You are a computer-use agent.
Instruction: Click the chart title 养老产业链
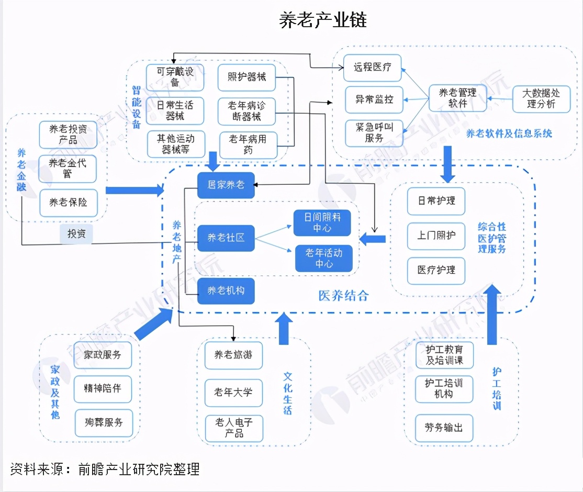coord(323,20)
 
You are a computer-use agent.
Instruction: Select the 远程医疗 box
coord(372,68)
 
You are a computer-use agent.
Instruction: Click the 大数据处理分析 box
coord(541,98)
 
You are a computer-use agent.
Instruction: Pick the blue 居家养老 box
coord(226,185)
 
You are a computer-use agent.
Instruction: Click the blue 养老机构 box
coord(226,290)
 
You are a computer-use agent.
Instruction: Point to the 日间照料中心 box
coord(323,222)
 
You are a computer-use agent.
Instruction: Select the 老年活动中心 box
coord(323,258)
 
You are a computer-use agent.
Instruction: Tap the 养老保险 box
coord(68,203)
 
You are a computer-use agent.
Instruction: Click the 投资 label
coord(76,234)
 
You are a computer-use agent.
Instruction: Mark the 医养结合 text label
coord(344,296)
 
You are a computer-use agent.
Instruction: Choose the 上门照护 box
coord(436,236)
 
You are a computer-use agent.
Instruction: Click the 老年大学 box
coord(233,392)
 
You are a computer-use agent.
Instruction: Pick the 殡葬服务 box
coord(103,422)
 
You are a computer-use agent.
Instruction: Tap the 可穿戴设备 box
coord(174,77)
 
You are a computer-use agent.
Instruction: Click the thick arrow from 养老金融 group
coord(134,189)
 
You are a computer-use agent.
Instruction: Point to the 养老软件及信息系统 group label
coord(509,133)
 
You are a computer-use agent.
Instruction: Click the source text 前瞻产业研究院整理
coord(138,469)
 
